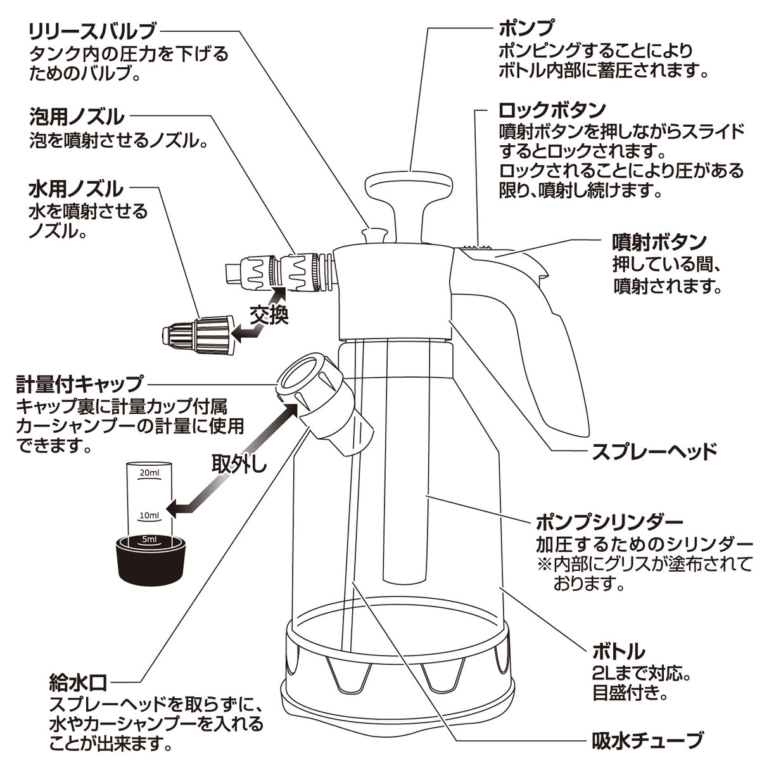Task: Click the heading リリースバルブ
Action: tap(92, 30)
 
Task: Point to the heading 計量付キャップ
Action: tap(80, 383)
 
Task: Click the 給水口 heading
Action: tap(77, 683)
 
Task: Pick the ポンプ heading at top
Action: tap(526, 29)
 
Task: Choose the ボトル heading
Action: tap(618, 651)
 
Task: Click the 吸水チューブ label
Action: tap(647, 740)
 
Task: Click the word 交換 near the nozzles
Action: tap(269, 315)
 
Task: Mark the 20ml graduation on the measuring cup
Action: tap(149, 473)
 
